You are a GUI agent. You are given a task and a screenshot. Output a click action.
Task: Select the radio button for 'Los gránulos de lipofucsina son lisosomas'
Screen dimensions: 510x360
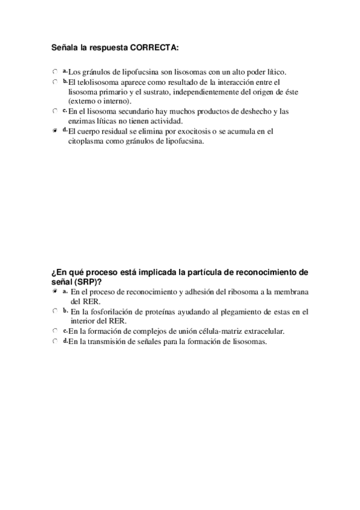(54, 72)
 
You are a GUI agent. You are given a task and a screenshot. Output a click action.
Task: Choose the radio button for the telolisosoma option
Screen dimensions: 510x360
(54, 82)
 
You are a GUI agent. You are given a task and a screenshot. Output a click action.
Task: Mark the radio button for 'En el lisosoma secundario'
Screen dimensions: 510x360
(54, 111)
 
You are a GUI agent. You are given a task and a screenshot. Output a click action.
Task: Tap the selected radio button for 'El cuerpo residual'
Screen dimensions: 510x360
(54, 131)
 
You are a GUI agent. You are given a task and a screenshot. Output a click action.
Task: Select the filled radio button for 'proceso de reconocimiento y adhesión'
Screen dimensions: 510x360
(54, 291)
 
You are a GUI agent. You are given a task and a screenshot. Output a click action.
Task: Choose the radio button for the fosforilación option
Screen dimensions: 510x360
(54, 311)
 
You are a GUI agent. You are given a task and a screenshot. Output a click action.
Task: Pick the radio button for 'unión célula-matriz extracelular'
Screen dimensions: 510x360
(54, 331)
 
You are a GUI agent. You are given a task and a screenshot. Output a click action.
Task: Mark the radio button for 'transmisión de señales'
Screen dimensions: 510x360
(54, 342)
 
